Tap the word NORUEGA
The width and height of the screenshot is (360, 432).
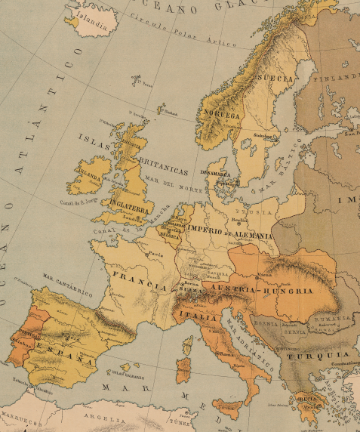(220, 116)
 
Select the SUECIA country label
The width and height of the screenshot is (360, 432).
(276, 79)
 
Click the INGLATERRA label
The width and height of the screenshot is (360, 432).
(128, 202)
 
